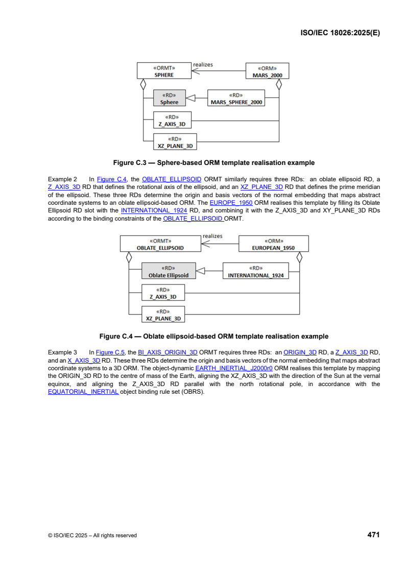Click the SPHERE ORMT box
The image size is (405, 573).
[164, 71]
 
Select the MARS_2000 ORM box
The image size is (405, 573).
[268, 71]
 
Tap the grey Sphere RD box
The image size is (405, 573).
[169, 99]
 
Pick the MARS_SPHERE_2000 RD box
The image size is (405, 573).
[236, 99]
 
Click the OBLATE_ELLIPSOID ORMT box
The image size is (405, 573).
[160, 244]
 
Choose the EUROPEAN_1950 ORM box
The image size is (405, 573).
[274, 244]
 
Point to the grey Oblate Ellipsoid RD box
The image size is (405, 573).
[168, 271]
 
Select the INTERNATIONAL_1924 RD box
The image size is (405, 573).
[255, 271]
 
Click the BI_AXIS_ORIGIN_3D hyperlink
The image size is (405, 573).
[168, 352]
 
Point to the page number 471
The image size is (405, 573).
[373, 535]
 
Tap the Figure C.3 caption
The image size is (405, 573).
[213, 163]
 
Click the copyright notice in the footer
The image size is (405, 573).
[92, 535]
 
